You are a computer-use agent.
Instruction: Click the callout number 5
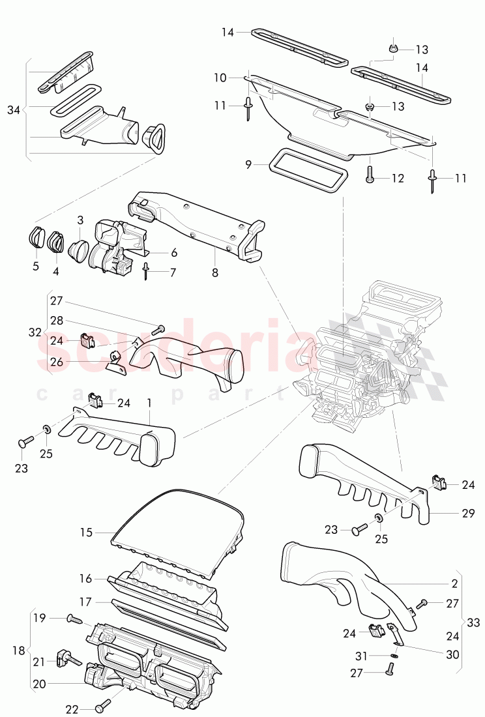pos(35,267)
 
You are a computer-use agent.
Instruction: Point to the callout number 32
pos(35,332)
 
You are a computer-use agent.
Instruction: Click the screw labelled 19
pos(72,617)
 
